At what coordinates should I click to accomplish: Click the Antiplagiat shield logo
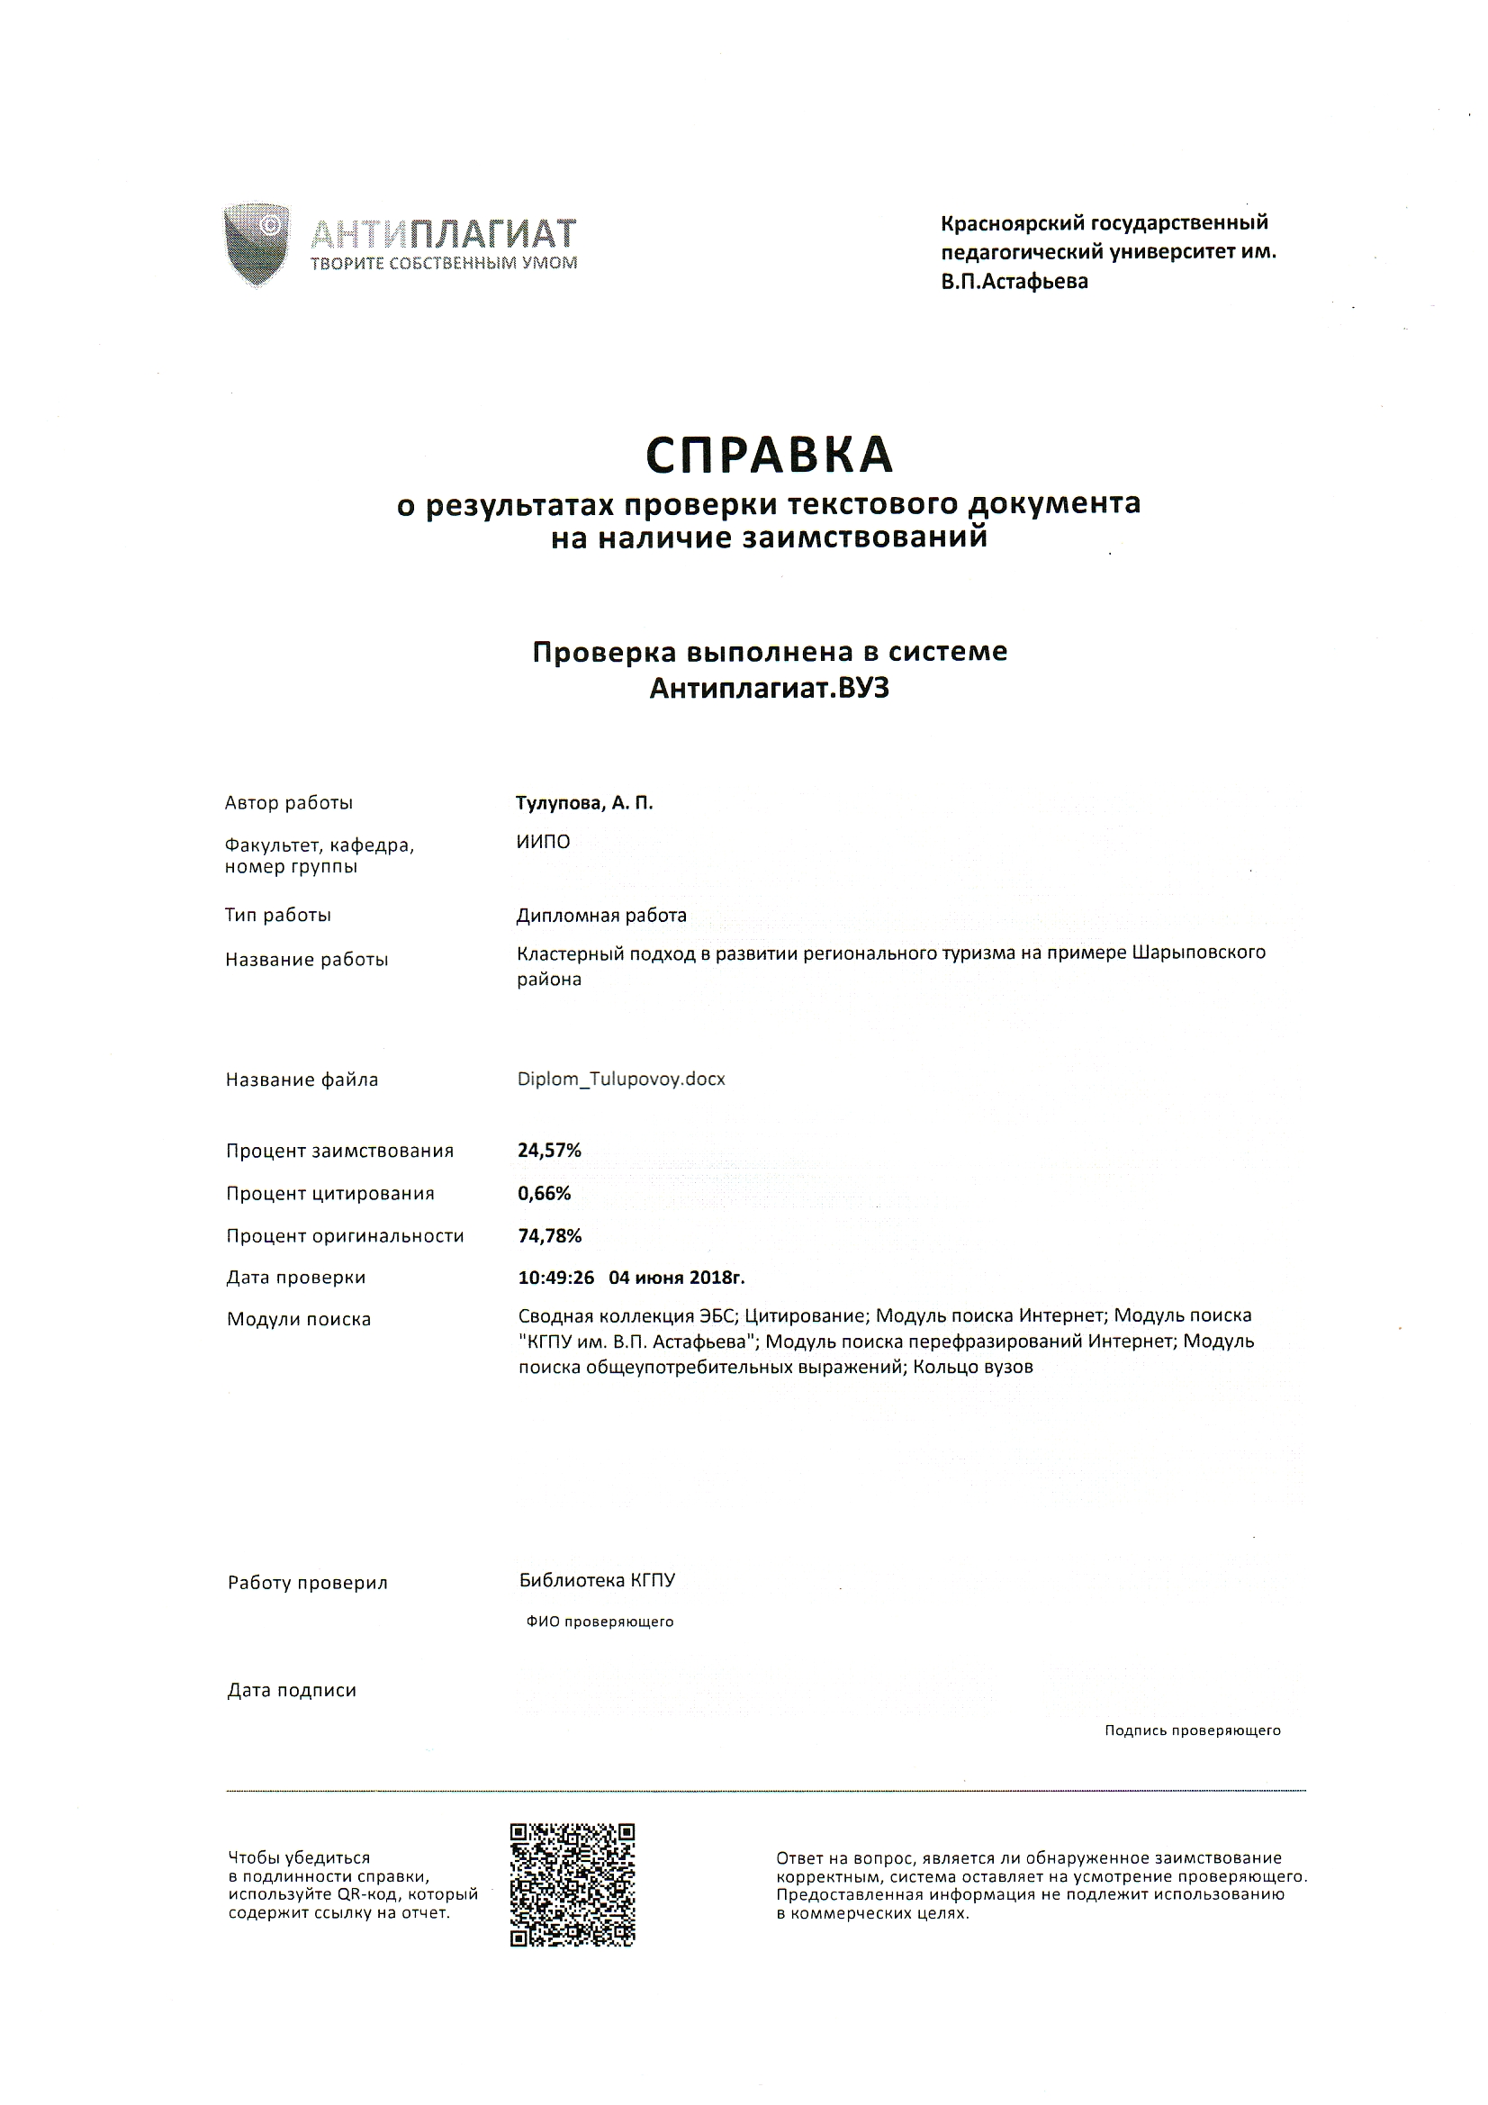tap(257, 245)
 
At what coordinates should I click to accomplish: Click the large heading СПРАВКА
tap(770, 455)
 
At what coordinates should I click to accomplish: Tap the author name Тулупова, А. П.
tap(584, 803)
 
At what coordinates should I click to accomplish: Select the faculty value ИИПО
tap(543, 842)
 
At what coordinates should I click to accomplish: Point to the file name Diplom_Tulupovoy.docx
tap(621, 1080)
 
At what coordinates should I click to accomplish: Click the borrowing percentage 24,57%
tap(549, 1151)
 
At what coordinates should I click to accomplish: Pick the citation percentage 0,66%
tap(545, 1193)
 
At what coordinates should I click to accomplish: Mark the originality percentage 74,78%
tap(550, 1236)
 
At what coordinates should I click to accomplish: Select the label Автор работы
tap(289, 803)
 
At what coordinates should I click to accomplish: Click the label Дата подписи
tap(292, 1691)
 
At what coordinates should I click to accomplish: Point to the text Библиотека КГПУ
tap(597, 1580)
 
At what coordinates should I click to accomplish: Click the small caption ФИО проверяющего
tap(600, 1621)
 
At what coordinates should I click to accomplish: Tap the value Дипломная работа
tap(601, 915)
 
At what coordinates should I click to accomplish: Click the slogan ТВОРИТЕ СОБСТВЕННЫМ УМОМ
tap(444, 264)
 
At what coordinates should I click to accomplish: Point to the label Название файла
tap(302, 1080)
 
